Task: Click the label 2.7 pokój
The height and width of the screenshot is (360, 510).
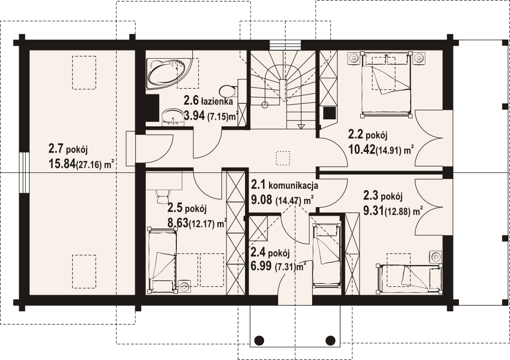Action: pos(68,149)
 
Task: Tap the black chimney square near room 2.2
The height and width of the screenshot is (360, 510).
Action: pos(329,113)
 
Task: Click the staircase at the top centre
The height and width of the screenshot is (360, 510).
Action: pos(284,90)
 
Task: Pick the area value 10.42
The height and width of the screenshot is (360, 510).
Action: pos(361,149)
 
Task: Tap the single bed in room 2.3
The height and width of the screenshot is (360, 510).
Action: pos(410,277)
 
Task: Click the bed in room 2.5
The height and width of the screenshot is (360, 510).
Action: pos(162,261)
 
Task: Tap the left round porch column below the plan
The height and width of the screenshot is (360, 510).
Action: pos(259,340)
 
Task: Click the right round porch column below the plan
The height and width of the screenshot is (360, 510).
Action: pos(330,340)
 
